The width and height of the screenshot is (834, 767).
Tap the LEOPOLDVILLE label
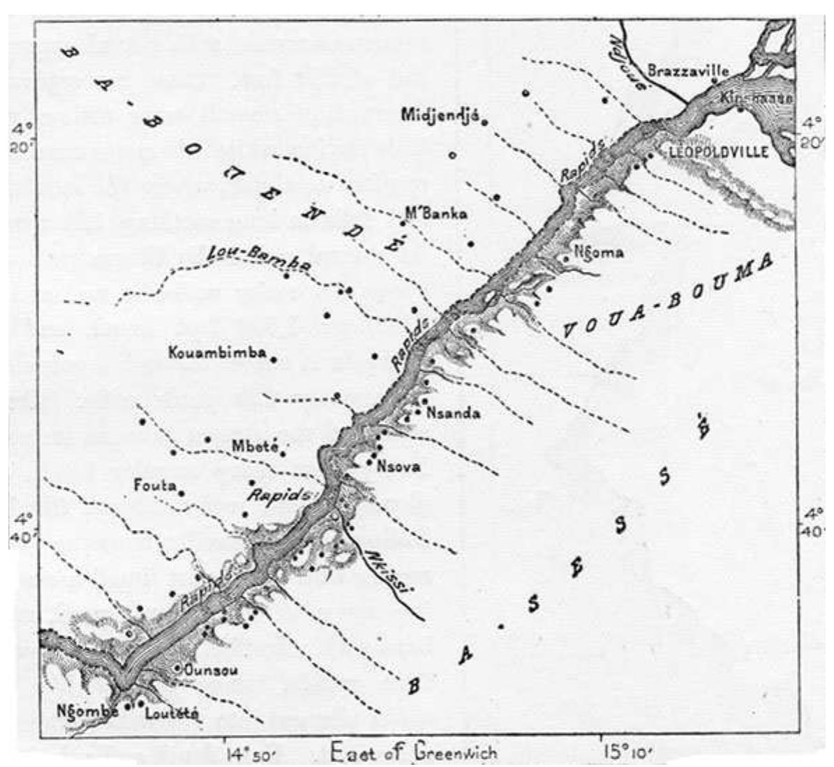pos(719,151)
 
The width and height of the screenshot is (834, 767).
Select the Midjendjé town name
pos(438,115)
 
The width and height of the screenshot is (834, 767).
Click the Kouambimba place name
pos(217,353)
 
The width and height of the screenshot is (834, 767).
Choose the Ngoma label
pos(597,252)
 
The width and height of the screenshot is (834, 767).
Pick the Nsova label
pos(399,466)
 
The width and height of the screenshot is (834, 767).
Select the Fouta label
pos(155,485)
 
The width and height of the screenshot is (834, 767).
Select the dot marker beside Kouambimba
pos(274,360)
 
